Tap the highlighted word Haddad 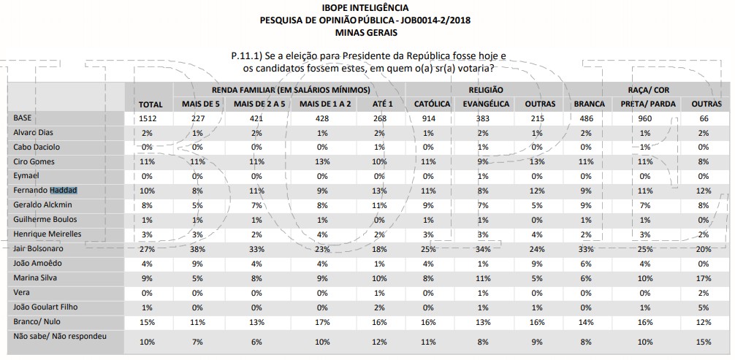64,190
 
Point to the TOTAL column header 151,104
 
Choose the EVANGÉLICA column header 486,104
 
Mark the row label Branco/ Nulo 35,321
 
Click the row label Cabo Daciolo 36,146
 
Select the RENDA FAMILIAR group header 288,89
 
